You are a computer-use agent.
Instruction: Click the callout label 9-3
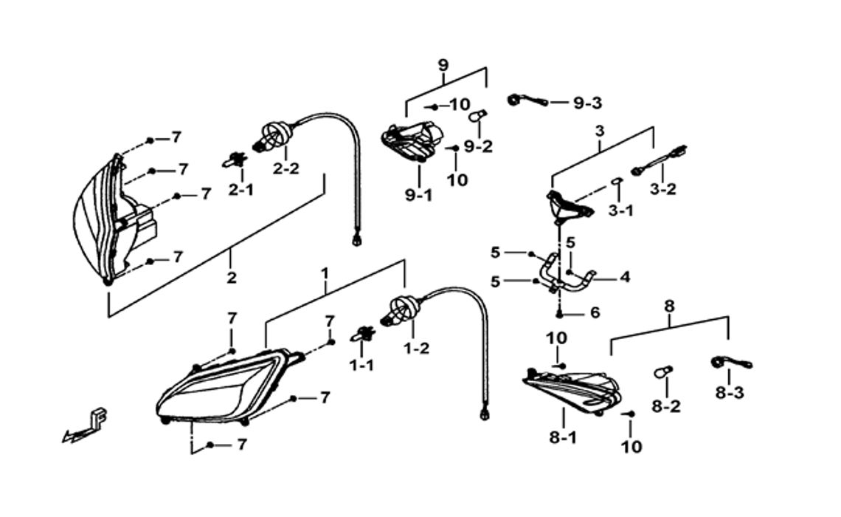[x=588, y=103]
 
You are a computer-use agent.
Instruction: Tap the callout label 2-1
[x=240, y=190]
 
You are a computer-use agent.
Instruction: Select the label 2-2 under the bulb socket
[x=286, y=168]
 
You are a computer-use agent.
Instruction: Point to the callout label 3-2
[x=663, y=189]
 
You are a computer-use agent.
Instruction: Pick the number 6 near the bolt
[x=595, y=312]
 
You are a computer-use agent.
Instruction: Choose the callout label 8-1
[x=563, y=438]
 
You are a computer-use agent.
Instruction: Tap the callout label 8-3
[x=730, y=393]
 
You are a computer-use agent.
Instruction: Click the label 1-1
[x=361, y=366]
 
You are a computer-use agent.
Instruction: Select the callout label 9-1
[x=418, y=196]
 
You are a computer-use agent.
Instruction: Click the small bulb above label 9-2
[x=478, y=115]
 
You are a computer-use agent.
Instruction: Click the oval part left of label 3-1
[x=617, y=182]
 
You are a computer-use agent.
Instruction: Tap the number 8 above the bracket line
[x=669, y=307]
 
